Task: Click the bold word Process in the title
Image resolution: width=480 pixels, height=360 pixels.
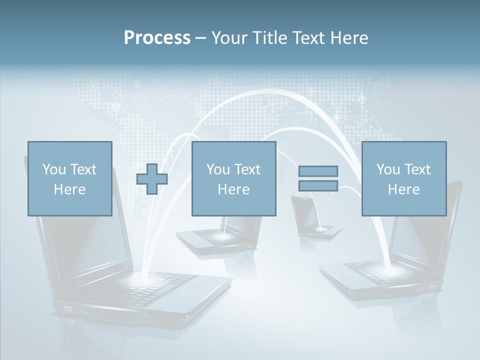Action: (157, 38)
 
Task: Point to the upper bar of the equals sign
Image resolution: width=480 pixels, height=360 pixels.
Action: (318, 171)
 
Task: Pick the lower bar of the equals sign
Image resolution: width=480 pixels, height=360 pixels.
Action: (318, 185)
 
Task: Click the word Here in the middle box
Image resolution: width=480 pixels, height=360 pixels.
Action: (233, 189)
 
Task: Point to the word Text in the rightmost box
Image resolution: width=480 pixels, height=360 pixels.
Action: (418, 169)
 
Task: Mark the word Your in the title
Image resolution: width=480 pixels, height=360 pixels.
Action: (227, 38)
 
